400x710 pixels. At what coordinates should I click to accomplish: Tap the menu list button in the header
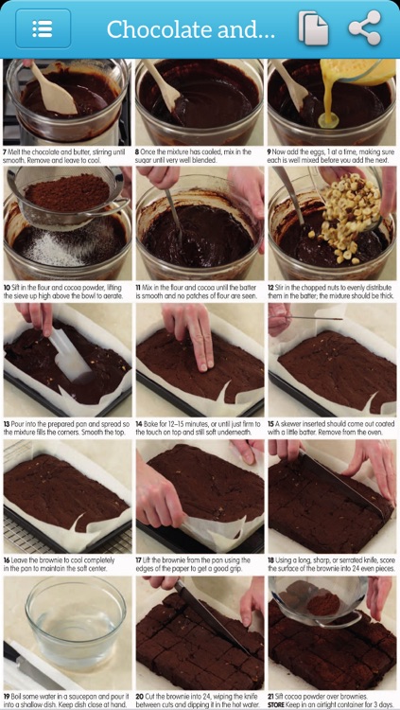point(43,28)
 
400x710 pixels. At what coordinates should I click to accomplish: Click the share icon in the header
point(365,28)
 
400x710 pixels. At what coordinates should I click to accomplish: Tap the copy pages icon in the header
point(313,28)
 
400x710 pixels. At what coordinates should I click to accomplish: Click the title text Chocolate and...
point(190,29)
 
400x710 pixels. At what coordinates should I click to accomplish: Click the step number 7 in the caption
point(5,152)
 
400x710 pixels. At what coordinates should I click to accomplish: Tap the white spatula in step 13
point(69,354)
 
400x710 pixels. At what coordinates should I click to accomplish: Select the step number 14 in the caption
point(139,424)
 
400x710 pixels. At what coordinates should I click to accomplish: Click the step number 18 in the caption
point(271,561)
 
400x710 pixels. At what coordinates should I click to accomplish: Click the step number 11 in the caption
point(138,288)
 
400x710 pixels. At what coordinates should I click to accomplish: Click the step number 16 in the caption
point(7,561)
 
